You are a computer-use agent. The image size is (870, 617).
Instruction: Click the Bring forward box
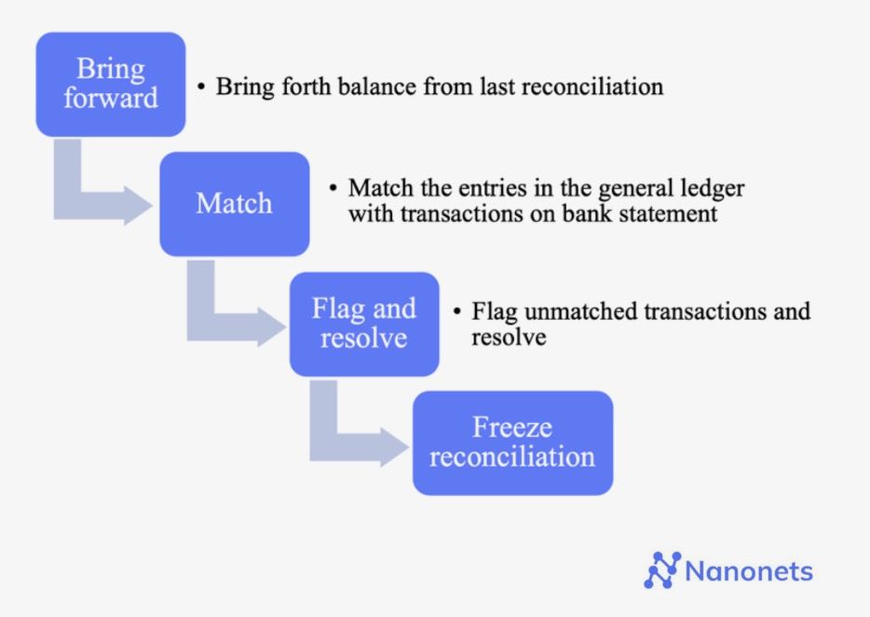[110, 84]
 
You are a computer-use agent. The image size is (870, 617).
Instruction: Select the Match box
[234, 203]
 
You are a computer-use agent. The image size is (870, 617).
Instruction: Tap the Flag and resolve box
[363, 322]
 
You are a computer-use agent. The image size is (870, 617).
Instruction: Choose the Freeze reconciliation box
[512, 442]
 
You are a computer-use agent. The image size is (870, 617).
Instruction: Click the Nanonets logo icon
[662, 569]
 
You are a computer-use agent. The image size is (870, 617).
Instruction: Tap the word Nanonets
[749, 570]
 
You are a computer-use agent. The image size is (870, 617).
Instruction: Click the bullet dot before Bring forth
[200, 87]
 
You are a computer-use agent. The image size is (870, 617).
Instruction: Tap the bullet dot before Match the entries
[333, 188]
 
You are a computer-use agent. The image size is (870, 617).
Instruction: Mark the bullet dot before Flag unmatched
[456, 310]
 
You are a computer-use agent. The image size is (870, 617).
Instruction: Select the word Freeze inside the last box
[512, 428]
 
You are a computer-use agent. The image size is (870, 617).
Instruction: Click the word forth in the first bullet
[297, 87]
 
